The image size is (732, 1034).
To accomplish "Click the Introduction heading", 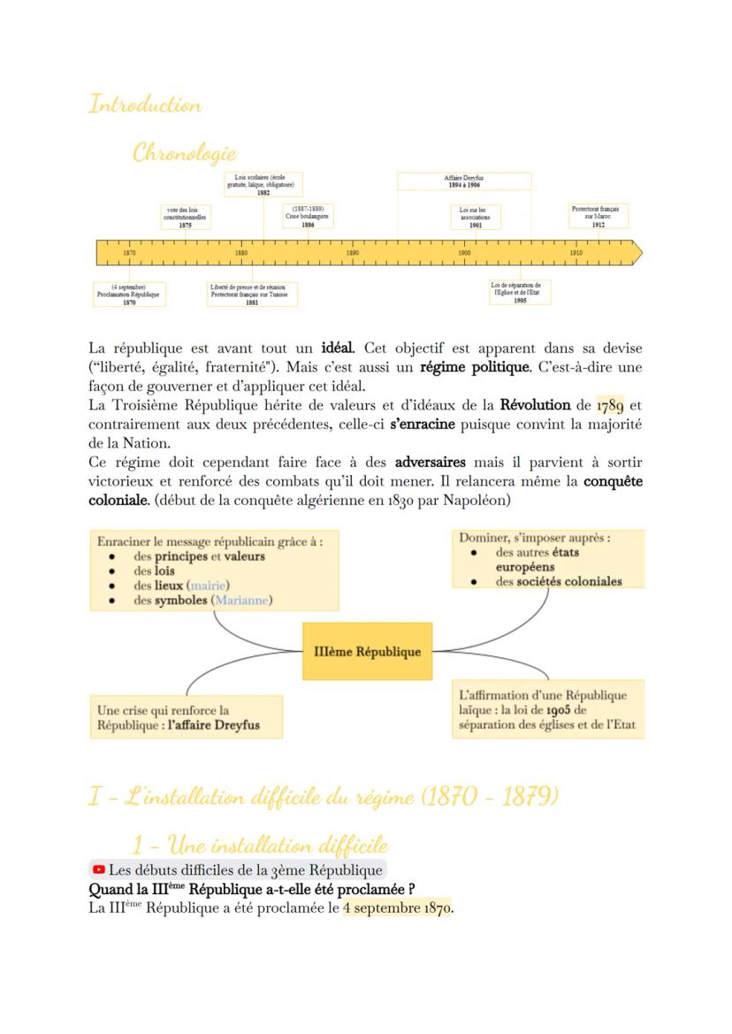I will point(145,104).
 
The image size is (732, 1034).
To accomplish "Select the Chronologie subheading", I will point(184,153).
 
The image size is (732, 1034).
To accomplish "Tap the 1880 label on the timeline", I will point(241,253).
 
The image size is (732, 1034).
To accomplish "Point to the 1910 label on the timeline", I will point(576,253).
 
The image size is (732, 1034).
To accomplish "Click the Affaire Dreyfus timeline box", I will point(463,181).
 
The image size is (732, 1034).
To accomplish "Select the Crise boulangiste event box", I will point(308,218).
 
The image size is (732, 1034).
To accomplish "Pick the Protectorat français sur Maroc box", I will point(599,217).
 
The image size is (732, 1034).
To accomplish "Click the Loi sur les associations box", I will point(476,218).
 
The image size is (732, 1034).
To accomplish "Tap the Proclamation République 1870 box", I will point(129,295).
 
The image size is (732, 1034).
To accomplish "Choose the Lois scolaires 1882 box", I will point(263,185).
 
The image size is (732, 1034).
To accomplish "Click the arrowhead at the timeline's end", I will point(637,254).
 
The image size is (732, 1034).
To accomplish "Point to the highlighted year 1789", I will point(610,406).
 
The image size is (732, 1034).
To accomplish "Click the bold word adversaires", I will point(430,463).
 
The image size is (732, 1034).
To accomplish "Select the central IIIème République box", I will point(367,652).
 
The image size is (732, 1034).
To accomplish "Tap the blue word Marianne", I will point(241,600).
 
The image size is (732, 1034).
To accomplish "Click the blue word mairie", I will point(208,586).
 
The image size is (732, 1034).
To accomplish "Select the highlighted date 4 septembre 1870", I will point(397,908).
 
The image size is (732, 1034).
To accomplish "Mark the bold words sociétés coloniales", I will point(569,582).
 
